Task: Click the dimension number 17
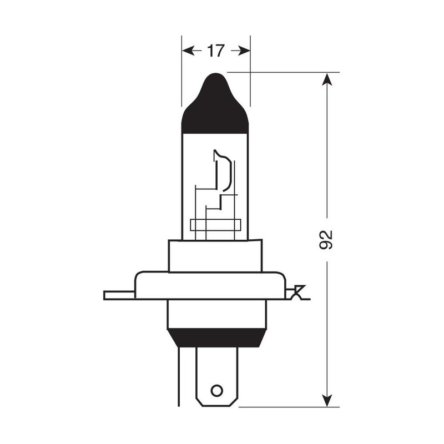click(x=215, y=51)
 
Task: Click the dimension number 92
click(x=327, y=239)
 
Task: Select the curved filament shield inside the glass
click(x=225, y=172)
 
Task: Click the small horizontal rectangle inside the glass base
click(x=215, y=225)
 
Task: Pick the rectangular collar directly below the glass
click(x=215, y=256)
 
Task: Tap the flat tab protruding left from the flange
click(x=119, y=295)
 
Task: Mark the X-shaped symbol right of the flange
click(x=298, y=292)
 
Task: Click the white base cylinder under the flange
click(x=216, y=314)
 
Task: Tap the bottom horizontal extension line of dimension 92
click(x=289, y=407)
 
